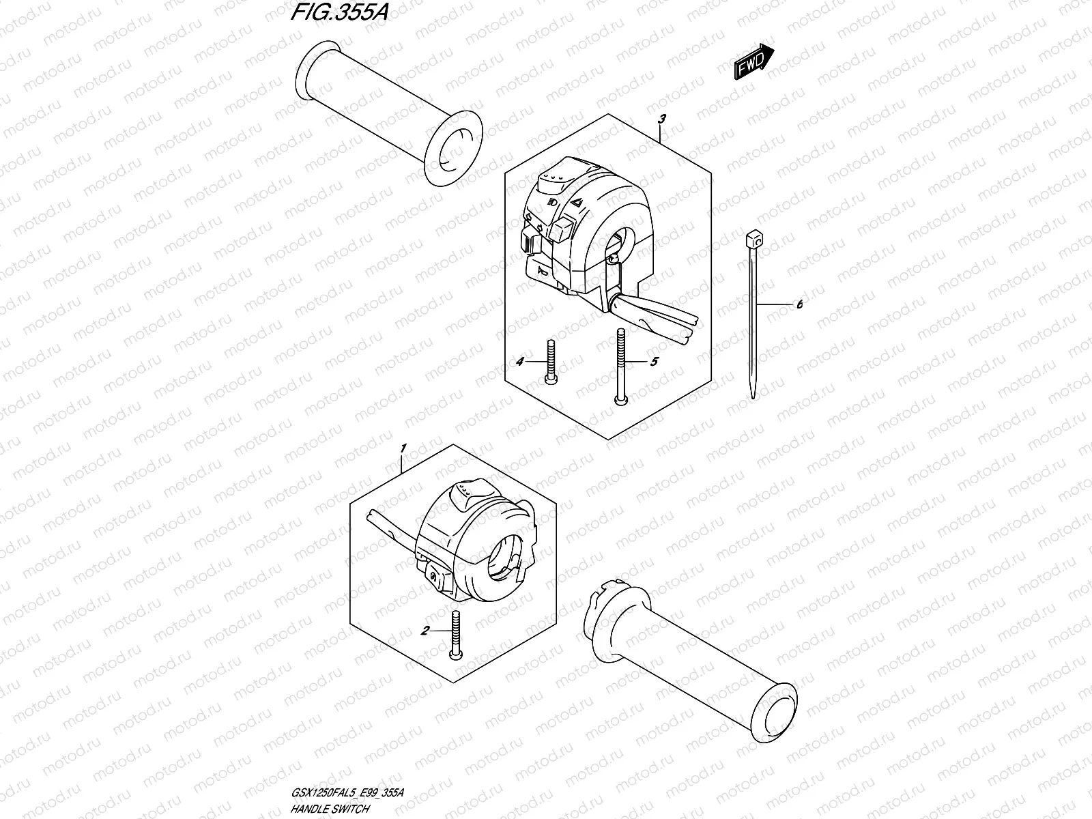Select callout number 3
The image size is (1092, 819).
661,119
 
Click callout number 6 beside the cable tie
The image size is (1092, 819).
799,304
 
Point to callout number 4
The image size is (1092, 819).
519,362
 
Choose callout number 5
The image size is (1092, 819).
653,362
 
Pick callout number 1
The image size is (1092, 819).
403,448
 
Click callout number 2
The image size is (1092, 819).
425,631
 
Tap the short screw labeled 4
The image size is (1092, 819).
550,362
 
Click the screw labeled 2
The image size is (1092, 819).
455,634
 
